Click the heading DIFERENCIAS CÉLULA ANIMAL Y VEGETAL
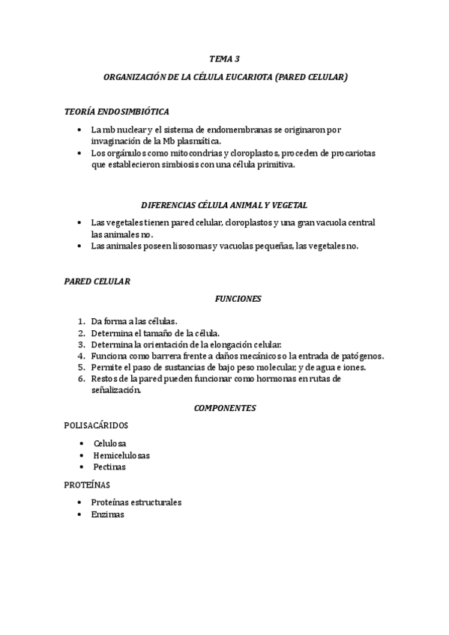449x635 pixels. click(x=224, y=204)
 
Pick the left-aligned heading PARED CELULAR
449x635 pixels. click(x=97, y=282)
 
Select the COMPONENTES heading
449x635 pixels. click(x=225, y=408)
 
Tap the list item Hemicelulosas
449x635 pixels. click(x=121, y=455)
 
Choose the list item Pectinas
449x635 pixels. click(x=109, y=467)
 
